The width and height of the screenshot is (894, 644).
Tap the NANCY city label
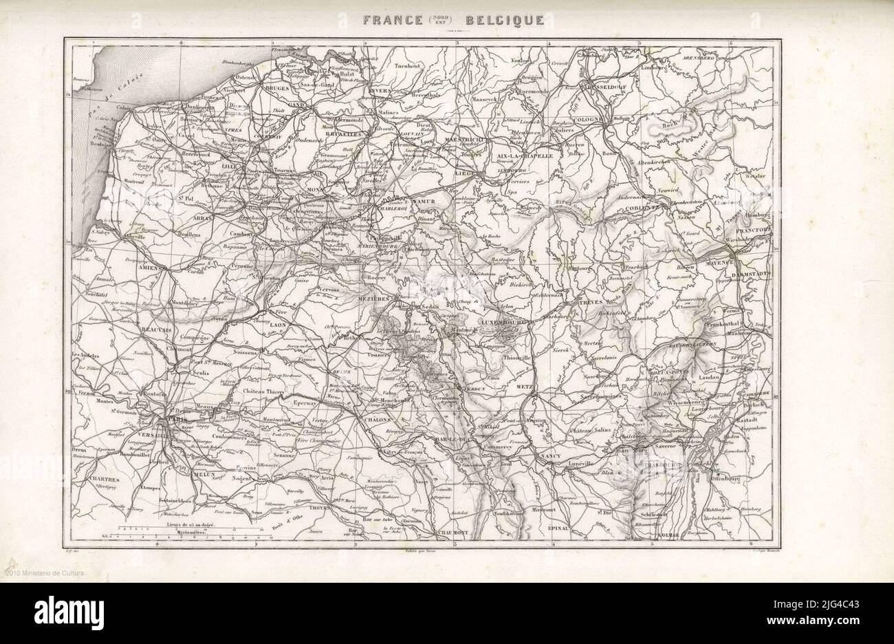tap(552, 457)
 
